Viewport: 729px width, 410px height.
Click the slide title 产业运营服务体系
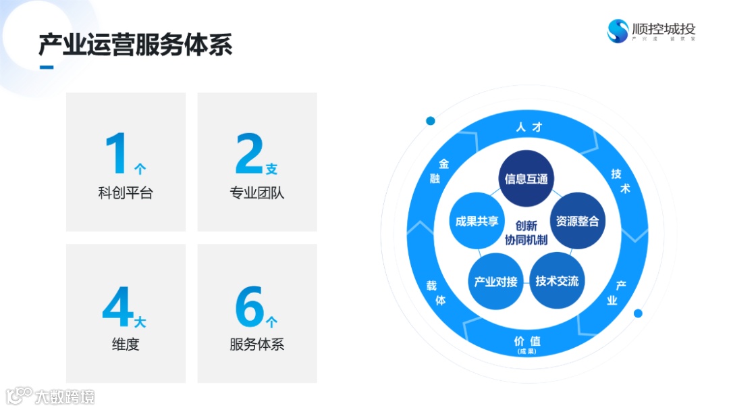[135, 45]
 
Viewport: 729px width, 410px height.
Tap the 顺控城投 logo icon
[618, 30]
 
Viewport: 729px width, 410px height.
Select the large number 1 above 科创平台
[116, 154]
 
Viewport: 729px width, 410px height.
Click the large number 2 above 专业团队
[248, 154]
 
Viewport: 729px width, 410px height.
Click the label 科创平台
[126, 193]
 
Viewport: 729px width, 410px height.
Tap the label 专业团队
[257, 193]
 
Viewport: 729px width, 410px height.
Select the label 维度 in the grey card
[126, 344]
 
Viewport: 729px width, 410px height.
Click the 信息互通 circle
[526, 179]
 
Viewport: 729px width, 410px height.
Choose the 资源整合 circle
[577, 221]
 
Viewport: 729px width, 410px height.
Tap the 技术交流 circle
[557, 281]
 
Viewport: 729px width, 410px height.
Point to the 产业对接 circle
[495, 281]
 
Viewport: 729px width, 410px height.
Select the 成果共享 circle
[477, 221]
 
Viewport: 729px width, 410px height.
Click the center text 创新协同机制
[526, 233]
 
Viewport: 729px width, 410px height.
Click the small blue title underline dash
[47, 67]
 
